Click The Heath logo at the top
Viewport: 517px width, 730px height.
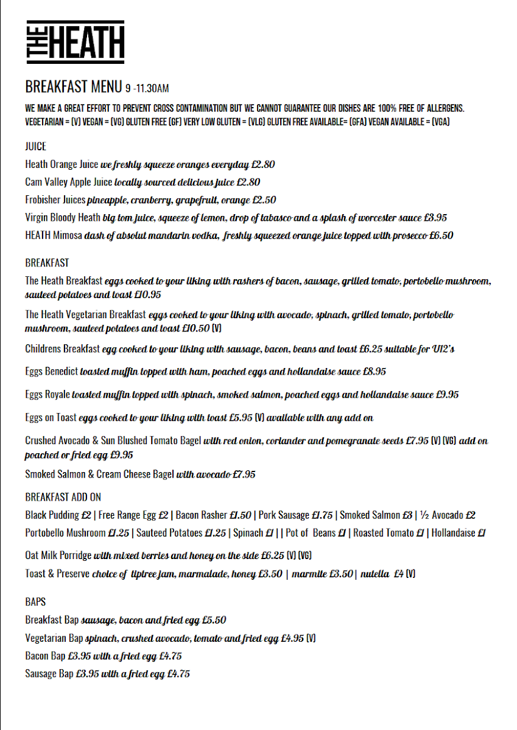pyautogui.click(x=76, y=42)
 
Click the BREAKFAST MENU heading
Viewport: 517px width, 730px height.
pyautogui.click(x=73, y=86)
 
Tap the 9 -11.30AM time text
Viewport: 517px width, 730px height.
pyautogui.click(x=147, y=88)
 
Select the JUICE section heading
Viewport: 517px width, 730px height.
pyautogui.click(x=35, y=147)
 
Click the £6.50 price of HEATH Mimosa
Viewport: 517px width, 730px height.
pyautogui.click(x=441, y=235)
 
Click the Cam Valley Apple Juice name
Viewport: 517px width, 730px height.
pyautogui.click(x=69, y=182)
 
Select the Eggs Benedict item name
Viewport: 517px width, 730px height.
pyautogui.click(x=52, y=371)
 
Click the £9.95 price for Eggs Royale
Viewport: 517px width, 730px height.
pyautogui.click(x=447, y=395)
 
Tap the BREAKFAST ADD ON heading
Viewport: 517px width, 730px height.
pyautogui.click(x=63, y=497)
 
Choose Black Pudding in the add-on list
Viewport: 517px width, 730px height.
pyautogui.click(x=52, y=515)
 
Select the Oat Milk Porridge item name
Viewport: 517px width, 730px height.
pyautogui.click(x=58, y=555)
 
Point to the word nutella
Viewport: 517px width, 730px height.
pyautogui.click(x=375, y=574)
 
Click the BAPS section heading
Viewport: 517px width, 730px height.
pyautogui.click(x=35, y=602)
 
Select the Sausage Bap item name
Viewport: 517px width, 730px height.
pyautogui.click(x=49, y=674)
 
